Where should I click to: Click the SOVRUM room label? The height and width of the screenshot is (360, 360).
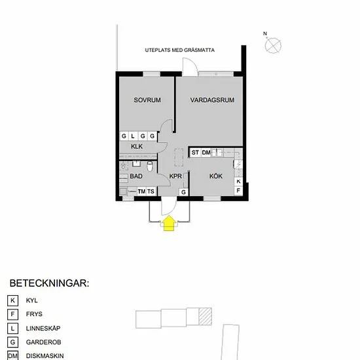click(147, 100)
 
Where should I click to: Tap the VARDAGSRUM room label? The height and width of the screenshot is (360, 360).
click(212, 100)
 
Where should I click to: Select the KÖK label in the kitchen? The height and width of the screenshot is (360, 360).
click(216, 176)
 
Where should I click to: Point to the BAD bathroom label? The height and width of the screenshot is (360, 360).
click(136, 176)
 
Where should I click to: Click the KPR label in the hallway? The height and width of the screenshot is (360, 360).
click(175, 176)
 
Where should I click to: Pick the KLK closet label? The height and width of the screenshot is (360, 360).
click(137, 147)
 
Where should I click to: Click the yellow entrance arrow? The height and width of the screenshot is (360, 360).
click(169, 223)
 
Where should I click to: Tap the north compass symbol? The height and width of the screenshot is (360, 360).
click(273, 45)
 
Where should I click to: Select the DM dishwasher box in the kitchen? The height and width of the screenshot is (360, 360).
click(206, 153)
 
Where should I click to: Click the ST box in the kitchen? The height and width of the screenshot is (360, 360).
click(195, 153)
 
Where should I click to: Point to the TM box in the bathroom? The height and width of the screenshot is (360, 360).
click(141, 191)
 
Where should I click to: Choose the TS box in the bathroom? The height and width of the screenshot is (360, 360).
click(151, 191)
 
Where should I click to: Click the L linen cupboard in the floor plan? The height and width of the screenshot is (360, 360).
click(133, 136)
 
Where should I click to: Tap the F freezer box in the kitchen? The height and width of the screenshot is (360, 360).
click(238, 190)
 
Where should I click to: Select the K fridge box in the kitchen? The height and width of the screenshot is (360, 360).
click(238, 181)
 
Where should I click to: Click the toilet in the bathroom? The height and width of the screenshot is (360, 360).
click(150, 166)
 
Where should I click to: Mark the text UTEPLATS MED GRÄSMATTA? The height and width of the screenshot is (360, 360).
click(180, 50)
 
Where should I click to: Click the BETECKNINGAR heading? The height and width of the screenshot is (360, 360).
click(49, 283)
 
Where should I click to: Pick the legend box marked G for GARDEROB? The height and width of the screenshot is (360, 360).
click(12, 342)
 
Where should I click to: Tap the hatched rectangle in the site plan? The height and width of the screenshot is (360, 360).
click(205, 317)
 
